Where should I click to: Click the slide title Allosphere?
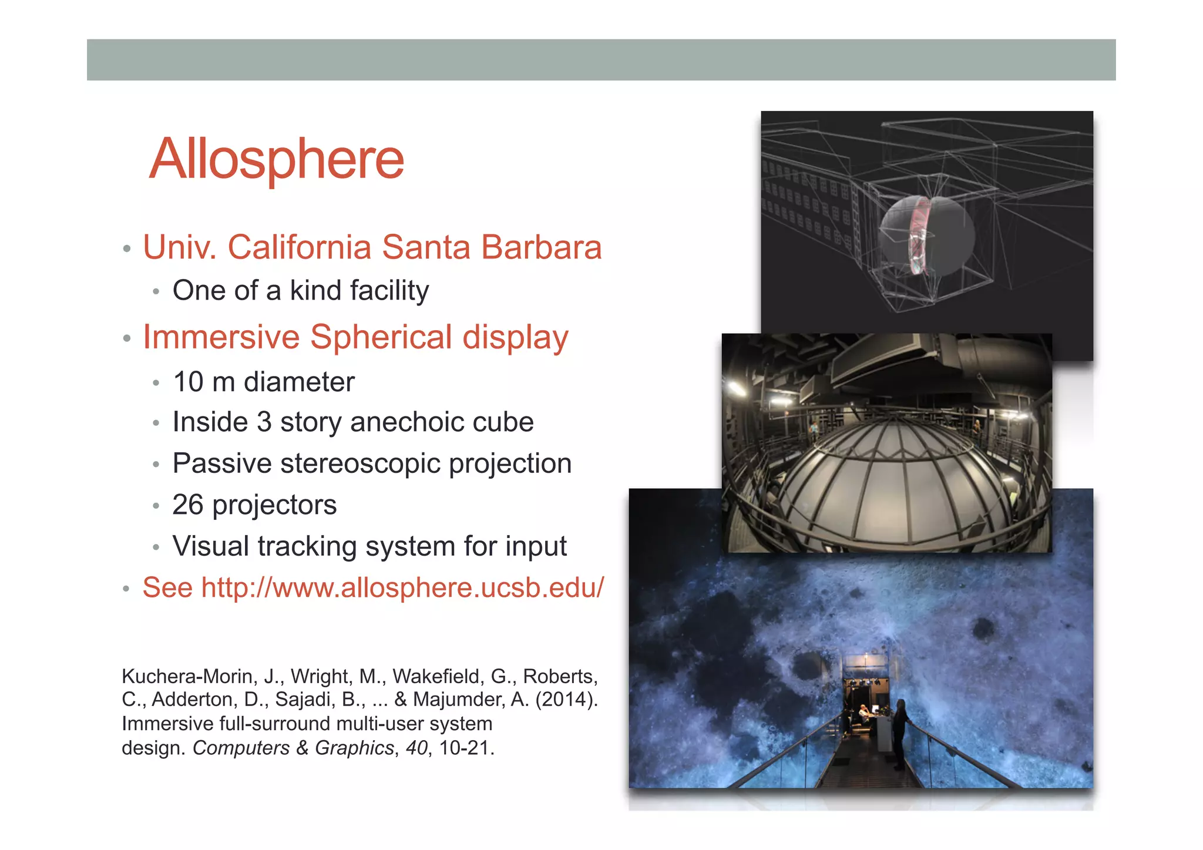[x=277, y=159]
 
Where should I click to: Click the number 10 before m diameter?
[x=188, y=382]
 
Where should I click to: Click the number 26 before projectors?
[x=187, y=505]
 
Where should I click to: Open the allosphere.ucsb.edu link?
[x=402, y=588]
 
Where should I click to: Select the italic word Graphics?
[x=354, y=748]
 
